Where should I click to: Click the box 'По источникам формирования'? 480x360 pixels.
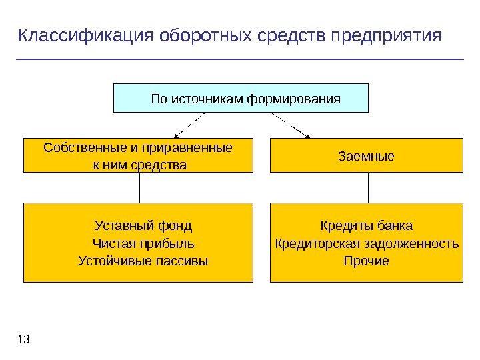(x=241, y=98)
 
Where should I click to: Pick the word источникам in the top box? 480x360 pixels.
(x=209, y=99)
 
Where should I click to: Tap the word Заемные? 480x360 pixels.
(x=366, y=157)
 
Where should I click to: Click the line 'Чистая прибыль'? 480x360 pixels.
(x=143, y=243)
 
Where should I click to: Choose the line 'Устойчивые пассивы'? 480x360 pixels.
(x=143, y=261)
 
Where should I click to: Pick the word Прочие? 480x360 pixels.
(x=366, y=261)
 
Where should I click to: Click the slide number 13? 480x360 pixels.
(x=24, y=341)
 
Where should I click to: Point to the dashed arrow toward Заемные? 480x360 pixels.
(x=291, y=125)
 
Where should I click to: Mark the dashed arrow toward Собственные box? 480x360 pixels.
(x=190, y=125)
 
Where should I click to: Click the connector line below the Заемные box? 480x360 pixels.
(x=368, y=188)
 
